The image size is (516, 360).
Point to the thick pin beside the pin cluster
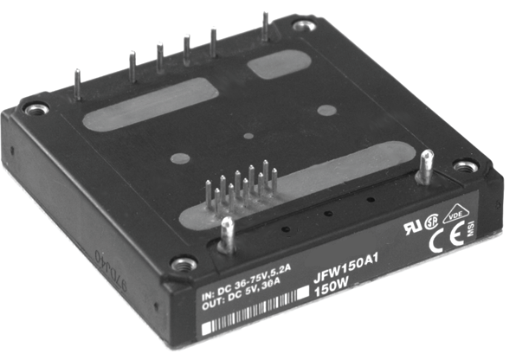(x=225, y=232)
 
